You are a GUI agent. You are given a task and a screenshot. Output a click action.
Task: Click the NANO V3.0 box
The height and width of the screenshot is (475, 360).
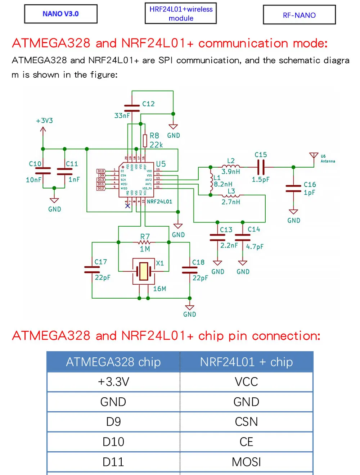(60, 14)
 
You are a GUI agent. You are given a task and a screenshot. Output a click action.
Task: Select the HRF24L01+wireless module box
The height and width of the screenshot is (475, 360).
(181, 14)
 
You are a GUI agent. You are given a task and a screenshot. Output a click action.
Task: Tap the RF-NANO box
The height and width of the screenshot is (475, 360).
(299, 15)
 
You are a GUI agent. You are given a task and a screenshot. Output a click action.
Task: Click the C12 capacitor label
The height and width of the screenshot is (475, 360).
(148, 104)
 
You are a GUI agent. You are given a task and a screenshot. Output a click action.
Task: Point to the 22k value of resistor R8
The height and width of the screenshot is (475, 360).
(156, 145)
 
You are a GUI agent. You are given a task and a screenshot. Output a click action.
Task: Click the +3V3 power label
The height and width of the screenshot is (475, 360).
(44, 121)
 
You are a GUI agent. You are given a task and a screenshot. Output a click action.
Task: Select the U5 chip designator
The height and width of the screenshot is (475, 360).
(161, 164)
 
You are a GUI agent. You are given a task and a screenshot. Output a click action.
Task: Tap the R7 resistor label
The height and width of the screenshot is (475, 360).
(145, 236)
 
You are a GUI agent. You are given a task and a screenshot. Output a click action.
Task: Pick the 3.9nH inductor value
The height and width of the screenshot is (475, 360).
(231, 171)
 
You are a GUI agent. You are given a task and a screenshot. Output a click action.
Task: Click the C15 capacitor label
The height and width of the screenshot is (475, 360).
(261, 155)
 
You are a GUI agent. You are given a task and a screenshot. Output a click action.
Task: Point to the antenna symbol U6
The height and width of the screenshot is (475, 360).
(314, 156)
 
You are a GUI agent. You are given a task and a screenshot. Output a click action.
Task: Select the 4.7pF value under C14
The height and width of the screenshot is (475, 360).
(255, 246)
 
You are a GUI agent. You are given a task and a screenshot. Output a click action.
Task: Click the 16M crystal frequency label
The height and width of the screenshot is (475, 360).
(159, 289)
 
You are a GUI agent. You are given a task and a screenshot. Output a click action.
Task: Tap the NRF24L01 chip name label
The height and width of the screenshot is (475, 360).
(159, 202)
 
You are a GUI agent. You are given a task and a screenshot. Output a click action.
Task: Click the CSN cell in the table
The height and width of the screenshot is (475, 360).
(246, 422)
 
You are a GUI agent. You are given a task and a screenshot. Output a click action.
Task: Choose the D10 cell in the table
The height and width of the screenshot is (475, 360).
(113, 442)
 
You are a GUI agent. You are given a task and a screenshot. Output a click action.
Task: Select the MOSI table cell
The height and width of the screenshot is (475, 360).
(246, 462)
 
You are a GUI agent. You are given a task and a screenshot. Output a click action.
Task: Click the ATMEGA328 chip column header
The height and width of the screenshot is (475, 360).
(113, 362)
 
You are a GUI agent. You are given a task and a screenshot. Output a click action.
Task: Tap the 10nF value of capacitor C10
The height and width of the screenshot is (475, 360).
(33, 180)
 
